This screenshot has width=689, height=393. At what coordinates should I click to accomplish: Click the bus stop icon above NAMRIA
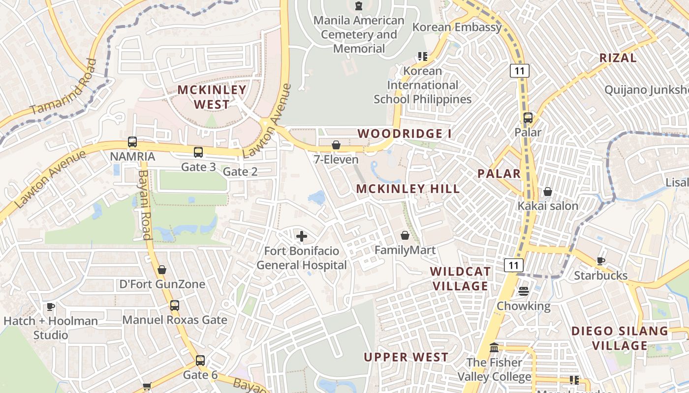coord(132,142)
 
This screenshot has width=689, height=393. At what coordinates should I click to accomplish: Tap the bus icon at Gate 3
coord(198,152)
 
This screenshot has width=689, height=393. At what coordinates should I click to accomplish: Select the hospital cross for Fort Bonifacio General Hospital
coord(302,236)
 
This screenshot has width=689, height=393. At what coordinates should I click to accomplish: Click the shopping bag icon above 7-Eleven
coord(336,145)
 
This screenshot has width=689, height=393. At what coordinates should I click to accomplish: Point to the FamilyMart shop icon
coord(405,236)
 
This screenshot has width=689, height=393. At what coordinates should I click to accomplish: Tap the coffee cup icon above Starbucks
coord(600,261)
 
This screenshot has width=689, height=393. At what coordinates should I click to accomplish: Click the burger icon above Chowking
coord(523,291)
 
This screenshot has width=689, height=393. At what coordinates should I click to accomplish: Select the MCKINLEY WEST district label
coord(212,97)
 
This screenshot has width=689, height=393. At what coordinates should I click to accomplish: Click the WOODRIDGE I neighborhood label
coord(404,134)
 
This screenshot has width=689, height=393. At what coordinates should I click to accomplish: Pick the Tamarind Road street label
coord(64,87)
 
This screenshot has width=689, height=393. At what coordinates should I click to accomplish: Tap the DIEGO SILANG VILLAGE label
coord(620,338)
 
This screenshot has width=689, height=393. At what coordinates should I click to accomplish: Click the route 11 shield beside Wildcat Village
coord(514,265)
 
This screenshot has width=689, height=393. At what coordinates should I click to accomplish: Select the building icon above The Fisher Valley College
coord(494,348)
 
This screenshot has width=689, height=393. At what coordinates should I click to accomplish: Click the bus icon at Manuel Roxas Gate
coord(175,306)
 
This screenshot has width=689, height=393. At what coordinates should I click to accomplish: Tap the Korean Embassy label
coord(457,27)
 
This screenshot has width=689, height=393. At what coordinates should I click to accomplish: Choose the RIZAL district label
coord(618,57)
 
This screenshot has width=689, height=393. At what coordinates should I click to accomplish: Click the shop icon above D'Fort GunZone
coord(162,270)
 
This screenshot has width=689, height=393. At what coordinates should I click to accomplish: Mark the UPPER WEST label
coord(406,357)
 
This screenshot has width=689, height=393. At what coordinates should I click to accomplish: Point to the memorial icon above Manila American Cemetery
coord(359,6)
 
